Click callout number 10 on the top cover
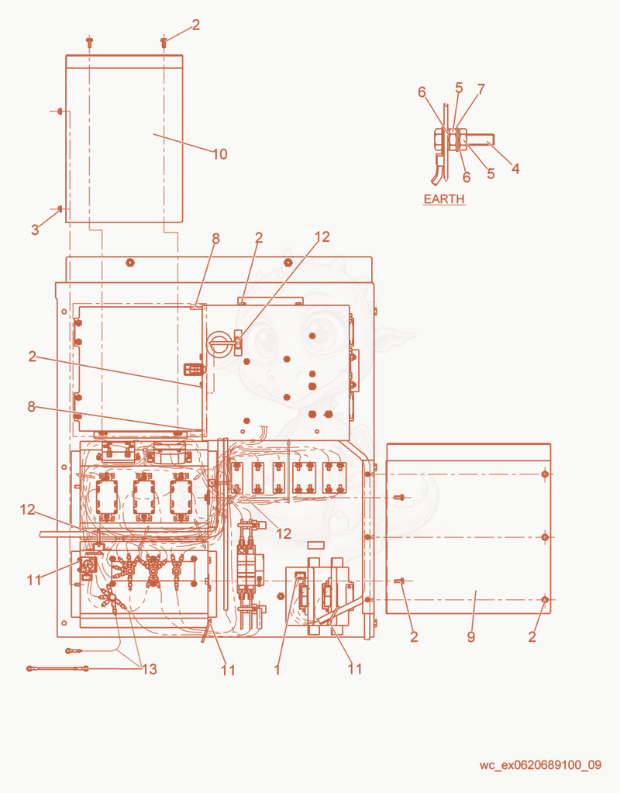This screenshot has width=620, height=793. (x=219, y=154)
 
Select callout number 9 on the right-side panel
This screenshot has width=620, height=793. (x=471, y=636)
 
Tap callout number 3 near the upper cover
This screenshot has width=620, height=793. (x=35, y=229)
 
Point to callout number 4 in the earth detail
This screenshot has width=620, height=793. (x=515, y=168)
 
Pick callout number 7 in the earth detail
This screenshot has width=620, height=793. (x=481, y=89)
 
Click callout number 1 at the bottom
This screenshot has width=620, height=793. (x=277, y=670)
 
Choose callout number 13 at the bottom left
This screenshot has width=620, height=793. (x=150, y=669)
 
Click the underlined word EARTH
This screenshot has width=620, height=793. (x=444, y=198)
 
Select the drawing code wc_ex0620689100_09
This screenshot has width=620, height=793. (x=541, y=764)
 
